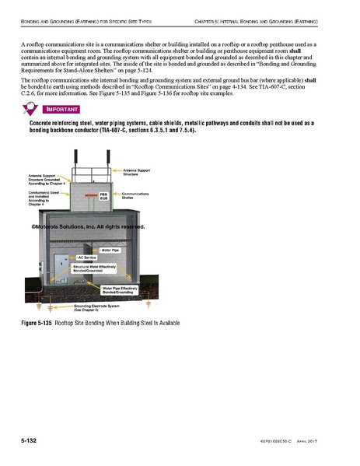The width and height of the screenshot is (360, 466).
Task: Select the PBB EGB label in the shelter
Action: click(x=103, y=196)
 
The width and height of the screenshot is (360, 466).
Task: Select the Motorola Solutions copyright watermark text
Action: click(x=87, y=227)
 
